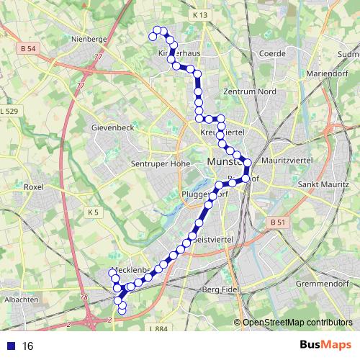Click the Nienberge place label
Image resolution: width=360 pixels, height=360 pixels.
pos(89,40)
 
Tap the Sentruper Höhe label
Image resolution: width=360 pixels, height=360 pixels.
pos(161,163)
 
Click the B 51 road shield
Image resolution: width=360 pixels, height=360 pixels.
pos(278,223)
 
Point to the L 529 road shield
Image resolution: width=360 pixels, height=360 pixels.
pos(9,112)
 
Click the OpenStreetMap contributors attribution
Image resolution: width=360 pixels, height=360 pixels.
pos(297,322)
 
